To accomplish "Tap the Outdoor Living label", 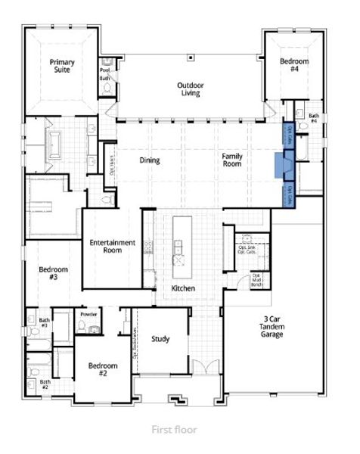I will tap(191, 89).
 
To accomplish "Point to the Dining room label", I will tap(150, 160).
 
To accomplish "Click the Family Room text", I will tap(231, 160).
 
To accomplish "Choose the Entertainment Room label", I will tap(112, 246).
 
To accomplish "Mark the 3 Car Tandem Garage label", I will tap(273, 326).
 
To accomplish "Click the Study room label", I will tap(160, 338).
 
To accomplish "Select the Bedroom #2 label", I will tap(101, 369).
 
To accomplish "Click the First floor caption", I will tap(174, 429).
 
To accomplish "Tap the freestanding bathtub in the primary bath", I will tap(57, 141).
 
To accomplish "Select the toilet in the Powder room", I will tap(90, 328).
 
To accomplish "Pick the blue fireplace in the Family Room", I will tap(284, 163).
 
